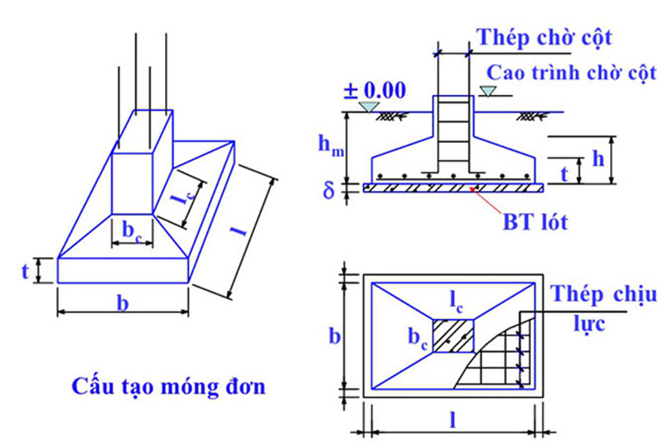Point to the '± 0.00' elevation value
(374, 91)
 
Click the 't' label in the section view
(564, 173)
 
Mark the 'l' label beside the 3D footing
(241, 232)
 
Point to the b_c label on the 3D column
(131, 231)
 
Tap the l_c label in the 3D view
(178, 200)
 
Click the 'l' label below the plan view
(453, 420)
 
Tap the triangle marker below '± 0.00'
(367, 108)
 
